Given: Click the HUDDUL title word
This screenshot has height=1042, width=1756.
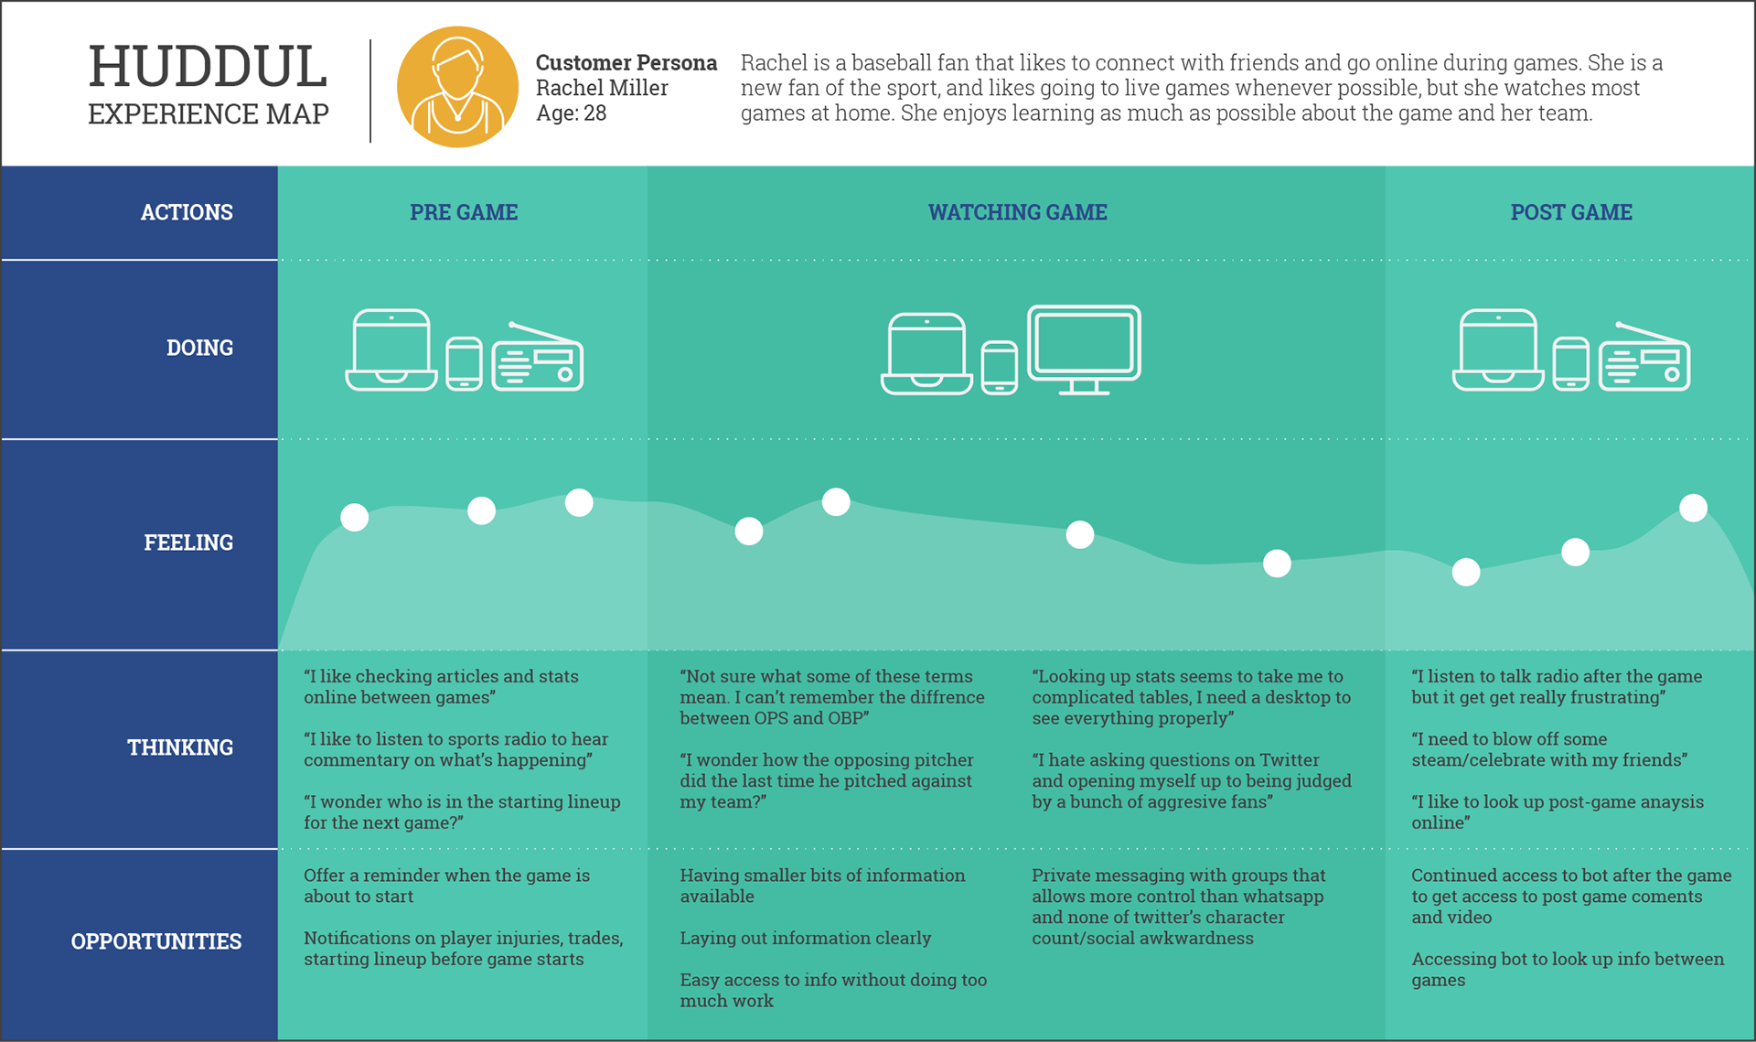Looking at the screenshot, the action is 208,68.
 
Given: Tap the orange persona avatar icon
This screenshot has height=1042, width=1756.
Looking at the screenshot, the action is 457,87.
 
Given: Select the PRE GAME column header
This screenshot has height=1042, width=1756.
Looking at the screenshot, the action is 464,212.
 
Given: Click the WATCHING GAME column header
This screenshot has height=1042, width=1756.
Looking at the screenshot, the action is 1017,212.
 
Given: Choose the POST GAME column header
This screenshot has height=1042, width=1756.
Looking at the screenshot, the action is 1570,212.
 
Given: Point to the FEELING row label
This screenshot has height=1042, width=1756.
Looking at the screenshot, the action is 188,542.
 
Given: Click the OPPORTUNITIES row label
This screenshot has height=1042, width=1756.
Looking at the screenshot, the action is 156,941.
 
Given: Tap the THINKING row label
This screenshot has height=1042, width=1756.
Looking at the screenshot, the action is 180,747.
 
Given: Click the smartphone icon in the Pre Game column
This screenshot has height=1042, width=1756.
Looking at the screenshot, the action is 464,363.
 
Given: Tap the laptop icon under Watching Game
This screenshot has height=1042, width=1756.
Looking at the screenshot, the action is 926,354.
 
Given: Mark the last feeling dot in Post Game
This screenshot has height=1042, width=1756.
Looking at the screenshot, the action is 1693,508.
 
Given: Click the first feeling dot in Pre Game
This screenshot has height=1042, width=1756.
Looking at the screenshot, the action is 355,518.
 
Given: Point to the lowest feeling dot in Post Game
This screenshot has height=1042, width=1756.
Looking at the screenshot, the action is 1466,573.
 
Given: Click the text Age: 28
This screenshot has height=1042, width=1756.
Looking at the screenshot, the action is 571,113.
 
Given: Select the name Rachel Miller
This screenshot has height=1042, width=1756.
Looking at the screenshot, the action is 602,88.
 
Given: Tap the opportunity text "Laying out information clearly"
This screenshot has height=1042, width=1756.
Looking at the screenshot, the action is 805,938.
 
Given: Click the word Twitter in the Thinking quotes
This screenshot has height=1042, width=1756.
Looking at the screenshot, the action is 1289,760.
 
